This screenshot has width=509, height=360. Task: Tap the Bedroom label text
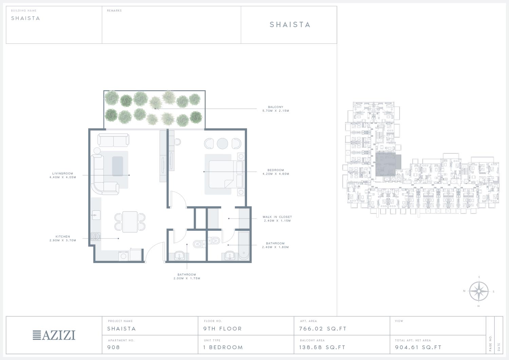[x=276, y=170]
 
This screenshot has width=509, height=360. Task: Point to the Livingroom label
[x=63, y=173]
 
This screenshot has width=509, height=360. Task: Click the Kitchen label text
[x=63, y=236]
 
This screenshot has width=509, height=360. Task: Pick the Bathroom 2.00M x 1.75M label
[x=187, y=277]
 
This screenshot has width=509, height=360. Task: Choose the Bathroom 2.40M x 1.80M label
[x=276, y=245]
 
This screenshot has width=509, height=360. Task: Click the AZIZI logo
[x=54, y=335]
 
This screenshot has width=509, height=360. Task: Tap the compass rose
[x=479, y=291]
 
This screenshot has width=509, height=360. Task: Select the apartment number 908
[x=114, y=347]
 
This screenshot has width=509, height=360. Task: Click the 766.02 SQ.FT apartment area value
[x=323, y=329]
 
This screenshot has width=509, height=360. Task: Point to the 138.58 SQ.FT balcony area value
[x=322, y=347]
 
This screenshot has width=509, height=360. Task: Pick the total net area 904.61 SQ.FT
[x=418, y=347]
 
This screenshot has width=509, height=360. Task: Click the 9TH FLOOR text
[x=223, y=329]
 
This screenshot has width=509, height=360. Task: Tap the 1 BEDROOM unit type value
[x=223, y=347]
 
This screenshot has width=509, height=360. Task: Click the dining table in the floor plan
[x=130, y=222]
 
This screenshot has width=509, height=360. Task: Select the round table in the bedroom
[x=223, y=144]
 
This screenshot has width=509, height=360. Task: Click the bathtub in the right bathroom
[x=244, y=246]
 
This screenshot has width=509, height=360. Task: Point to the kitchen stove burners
[x=96, y=236]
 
